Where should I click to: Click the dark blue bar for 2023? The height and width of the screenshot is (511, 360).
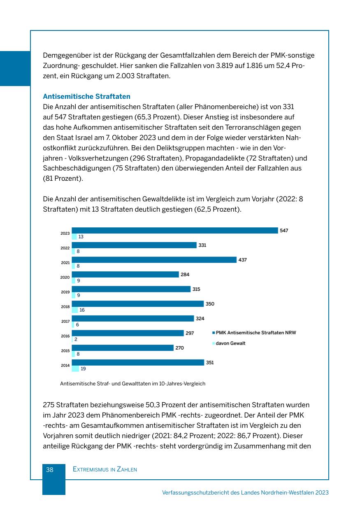point(175,231)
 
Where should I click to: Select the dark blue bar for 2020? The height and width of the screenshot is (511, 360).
point(125,275)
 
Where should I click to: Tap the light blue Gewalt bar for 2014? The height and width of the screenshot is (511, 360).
point(75,369)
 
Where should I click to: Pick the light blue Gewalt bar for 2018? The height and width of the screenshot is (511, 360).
point(74,310)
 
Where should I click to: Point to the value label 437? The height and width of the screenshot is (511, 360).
point(242,260)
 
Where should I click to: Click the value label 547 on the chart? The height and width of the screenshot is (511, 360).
point(284,231)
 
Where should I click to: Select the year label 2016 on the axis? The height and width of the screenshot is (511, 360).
point(65,336)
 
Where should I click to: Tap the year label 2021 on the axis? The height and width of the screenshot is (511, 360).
point(65,263)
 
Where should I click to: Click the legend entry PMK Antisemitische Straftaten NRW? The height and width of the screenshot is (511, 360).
point(255,333)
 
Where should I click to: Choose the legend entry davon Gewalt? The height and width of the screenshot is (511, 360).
point(230,343)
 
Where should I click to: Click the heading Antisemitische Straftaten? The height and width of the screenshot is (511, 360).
point(86,96)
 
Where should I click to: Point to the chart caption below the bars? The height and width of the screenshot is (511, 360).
point(132,384)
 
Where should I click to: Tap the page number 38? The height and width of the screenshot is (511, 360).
point(50,469)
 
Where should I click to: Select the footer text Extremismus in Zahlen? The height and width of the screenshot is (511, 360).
point(105,469)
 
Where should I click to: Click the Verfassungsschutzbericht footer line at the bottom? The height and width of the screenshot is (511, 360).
point(245,492)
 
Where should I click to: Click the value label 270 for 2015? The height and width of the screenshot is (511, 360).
point(179,348)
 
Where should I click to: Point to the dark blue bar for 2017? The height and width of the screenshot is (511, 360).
point(132,318)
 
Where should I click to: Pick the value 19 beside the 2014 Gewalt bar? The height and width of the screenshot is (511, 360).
point(83,369)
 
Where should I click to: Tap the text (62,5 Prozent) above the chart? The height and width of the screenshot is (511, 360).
point(217,209)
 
